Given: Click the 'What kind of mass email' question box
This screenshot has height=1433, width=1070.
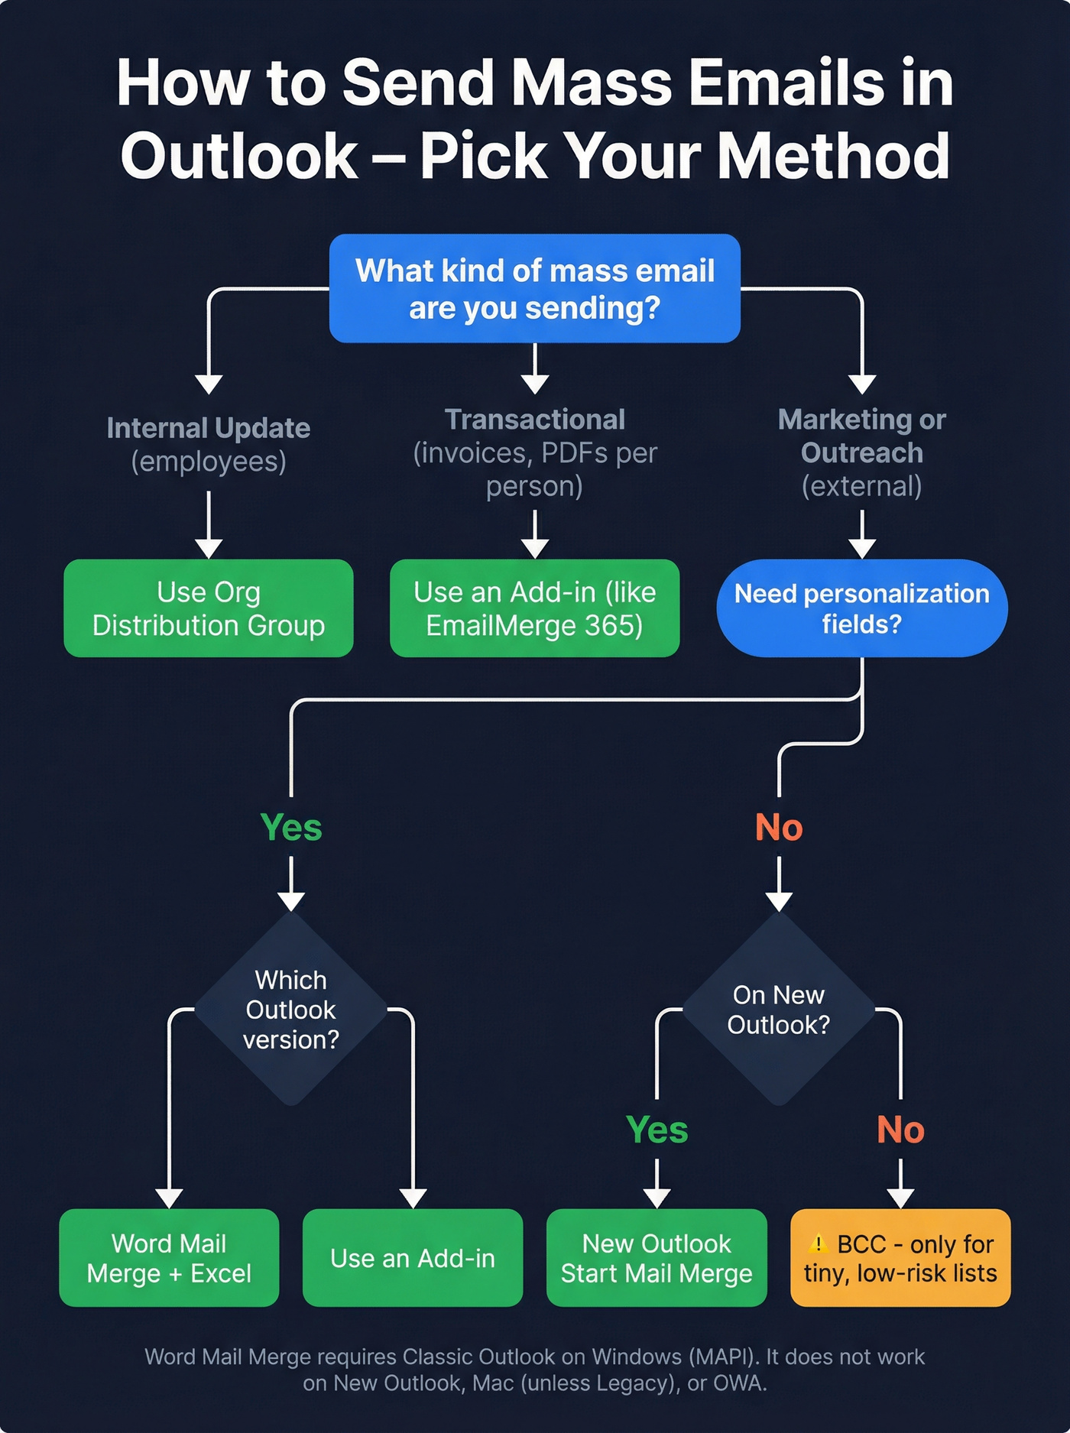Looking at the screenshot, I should [x=534, y=288].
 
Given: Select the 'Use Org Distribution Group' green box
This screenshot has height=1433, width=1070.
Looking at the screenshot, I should [x=208, y=608].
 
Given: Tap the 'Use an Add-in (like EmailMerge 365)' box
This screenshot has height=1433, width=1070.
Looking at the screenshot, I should [x=534, y=608].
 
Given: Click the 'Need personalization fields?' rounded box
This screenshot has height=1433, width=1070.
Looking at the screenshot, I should [x=861, y=608].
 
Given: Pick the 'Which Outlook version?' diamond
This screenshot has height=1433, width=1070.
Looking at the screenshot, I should [x=290, y=1009].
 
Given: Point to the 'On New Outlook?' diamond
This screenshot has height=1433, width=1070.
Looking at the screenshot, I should [x=778, y=1009].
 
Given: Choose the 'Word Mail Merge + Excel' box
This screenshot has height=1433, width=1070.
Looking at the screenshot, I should [x=169, y=1257].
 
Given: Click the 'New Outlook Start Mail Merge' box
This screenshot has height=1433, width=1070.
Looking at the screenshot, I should [x=657, y=1257].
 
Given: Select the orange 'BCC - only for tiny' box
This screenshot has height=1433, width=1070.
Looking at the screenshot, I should [x=900, y=1257].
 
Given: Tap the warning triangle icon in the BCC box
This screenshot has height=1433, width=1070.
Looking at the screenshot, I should [x=818, y=1243].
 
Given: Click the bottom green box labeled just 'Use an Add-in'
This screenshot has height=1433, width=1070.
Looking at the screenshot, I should [x=413, y=1257].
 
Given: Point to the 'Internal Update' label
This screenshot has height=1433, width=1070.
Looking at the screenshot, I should [x=208, y=428].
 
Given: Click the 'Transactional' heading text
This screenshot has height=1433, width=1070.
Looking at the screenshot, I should [x=534, y=420].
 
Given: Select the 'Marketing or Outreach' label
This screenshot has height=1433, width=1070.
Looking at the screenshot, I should [x=861, y=436].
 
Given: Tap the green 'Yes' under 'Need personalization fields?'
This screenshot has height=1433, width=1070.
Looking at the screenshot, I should [x=290, y=827].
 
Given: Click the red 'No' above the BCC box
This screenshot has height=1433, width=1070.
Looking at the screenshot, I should [x=900, y=1130].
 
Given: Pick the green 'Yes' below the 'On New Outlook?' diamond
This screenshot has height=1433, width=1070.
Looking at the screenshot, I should [x=657, y=1130].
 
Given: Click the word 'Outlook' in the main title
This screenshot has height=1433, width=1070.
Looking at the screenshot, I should [x=239, y=156].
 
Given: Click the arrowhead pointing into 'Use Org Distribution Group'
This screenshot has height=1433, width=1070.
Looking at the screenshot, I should [x=208, y=549].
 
